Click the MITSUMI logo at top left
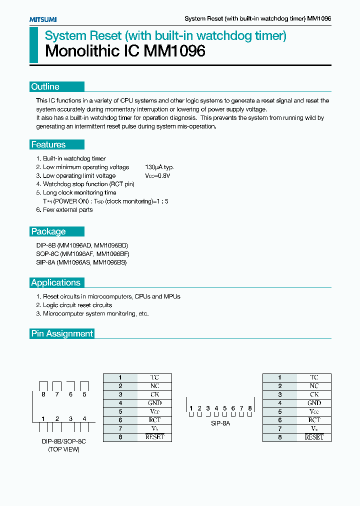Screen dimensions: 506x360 point(42,19)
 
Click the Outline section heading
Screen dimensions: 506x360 point(45,87)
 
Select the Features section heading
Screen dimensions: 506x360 point(48,145)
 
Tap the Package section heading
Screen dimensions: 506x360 point(48,231)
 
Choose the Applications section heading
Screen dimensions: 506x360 point(55,282)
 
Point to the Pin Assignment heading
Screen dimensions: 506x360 point(62,333)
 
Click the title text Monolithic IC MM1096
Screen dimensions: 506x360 point(125,51)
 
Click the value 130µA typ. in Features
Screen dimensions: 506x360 point(159,167)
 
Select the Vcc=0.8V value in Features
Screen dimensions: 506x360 point(157,176)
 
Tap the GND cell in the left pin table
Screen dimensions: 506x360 point(154,403)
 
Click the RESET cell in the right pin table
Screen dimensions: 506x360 point(314,437)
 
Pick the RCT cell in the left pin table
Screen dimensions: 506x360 point(154,420)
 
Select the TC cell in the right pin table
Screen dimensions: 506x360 point(314,377)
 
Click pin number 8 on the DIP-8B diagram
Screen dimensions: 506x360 point(43,394)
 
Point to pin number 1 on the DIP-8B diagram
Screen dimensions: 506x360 point(43,418)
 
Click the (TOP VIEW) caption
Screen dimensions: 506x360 point(63,449)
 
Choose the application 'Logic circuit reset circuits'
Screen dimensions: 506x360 point(77,305)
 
